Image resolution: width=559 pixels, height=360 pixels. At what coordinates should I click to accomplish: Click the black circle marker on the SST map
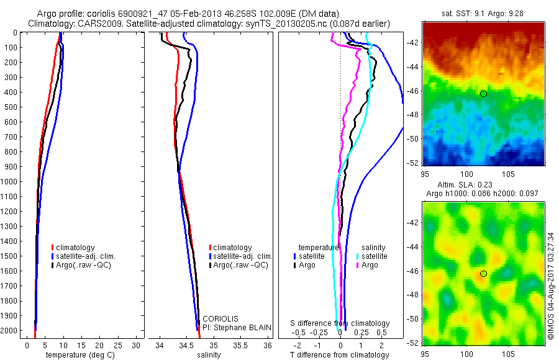[483, 94]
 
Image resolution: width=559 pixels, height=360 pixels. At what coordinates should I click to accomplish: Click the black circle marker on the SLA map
[483, 274]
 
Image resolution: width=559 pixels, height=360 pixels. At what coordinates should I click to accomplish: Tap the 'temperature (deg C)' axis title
[80, 355]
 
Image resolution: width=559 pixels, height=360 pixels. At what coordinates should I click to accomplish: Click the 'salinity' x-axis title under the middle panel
[209, 355]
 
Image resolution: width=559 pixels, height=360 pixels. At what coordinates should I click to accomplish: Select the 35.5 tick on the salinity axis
[240, 345]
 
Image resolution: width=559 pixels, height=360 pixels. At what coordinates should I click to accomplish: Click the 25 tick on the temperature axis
[117, 345]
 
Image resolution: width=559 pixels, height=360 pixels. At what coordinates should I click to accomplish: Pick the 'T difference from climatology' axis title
[339, 355]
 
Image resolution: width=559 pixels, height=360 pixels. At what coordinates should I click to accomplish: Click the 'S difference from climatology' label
[340, 323]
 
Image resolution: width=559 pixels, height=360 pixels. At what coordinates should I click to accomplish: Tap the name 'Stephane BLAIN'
[242, 328]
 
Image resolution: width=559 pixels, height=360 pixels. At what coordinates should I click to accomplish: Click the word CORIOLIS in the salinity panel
[220, 319]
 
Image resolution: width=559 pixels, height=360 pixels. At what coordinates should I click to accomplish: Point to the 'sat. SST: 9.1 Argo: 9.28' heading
[483, 14]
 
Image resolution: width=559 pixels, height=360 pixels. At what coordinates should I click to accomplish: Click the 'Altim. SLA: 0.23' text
[465, 185]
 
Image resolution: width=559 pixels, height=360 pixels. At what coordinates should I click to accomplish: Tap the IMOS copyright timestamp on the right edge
[551, 286]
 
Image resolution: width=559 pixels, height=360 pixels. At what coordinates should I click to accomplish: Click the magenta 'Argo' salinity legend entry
[367, 265]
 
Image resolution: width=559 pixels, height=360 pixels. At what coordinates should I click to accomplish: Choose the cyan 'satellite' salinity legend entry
[372, 256]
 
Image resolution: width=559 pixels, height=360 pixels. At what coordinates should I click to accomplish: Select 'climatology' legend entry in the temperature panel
[73, 248]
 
